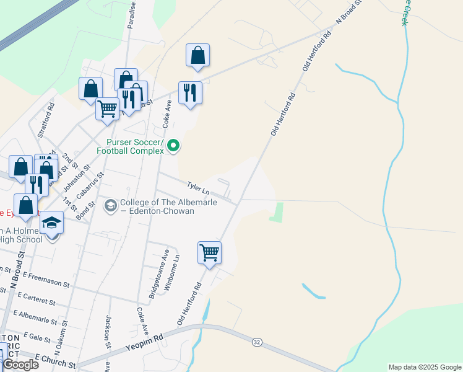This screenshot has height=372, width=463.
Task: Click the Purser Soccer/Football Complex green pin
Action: pyautogui.click(x=174, y=146)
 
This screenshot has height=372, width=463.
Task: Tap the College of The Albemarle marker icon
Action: pyautogui.click(x=111, y=205)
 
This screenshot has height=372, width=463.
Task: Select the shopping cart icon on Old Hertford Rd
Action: pyautogui.click(x=210, y=252)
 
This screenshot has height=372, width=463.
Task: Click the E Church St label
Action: pyautogui.click(x=55, y=359)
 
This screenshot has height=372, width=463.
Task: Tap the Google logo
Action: pyautogui.click(x=20, y=365)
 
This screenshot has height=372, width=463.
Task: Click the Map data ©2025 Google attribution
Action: pyautogui.click(x=425, y=367)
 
